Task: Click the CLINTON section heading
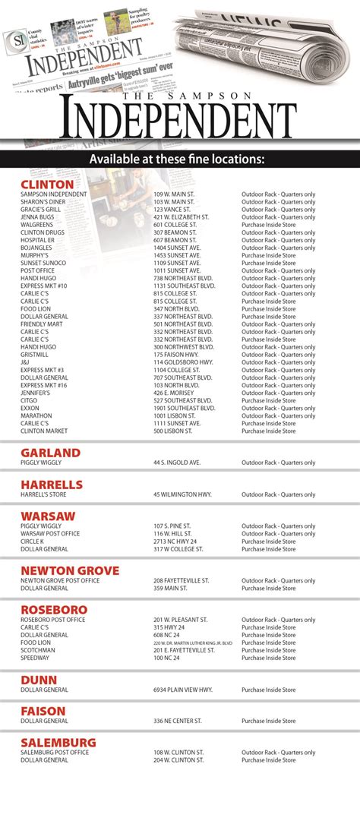pos(47,184)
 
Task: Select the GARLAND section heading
pos(50,453)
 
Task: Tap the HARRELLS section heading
pos(52,485)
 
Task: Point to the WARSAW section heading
pos(48,516)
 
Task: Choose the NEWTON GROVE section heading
pos(70,570)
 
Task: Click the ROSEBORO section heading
pos(54,610)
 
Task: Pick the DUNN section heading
pos(39,680)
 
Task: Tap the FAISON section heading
pos(43,711)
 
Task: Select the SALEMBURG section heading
pos(58,742)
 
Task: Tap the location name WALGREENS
pos(36,225)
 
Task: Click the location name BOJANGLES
pos(36,248)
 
